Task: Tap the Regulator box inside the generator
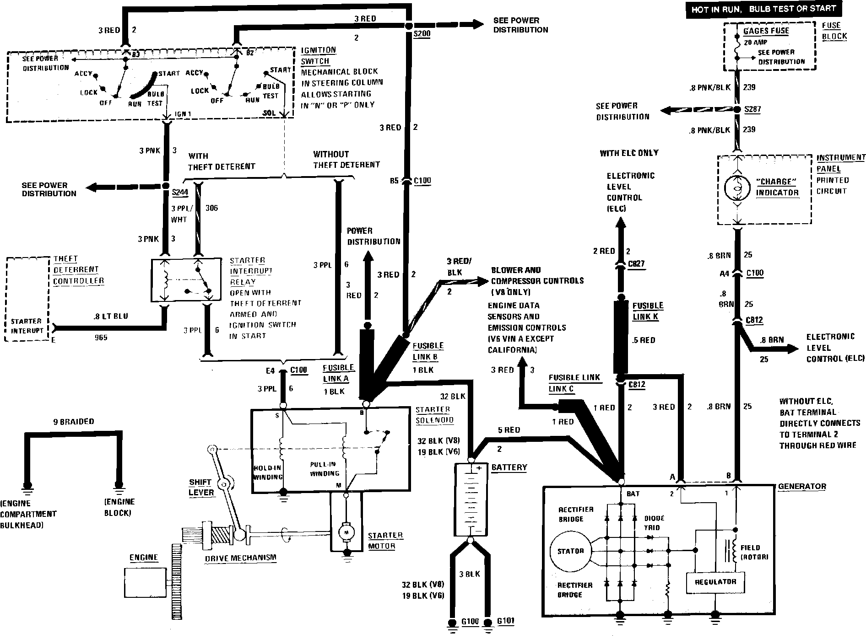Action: coord(715,582)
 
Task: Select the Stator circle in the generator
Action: coord(570,551)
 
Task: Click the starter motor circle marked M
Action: coord(346,532)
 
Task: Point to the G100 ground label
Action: coord(470,622)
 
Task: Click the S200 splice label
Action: coord(421,34)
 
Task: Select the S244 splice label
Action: coord(180,193)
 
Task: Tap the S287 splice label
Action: coord(752,109)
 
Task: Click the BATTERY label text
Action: coord(509,467)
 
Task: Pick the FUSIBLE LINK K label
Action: coord(647,311)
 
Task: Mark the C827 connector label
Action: coord(637,263)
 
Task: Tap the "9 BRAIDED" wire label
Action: coord(73,422)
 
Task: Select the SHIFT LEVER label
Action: coord(201,487)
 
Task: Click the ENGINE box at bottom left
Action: coord(145,582)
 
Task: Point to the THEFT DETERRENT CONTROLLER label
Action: coord(78,270)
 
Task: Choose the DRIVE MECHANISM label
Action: coord(240,558)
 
